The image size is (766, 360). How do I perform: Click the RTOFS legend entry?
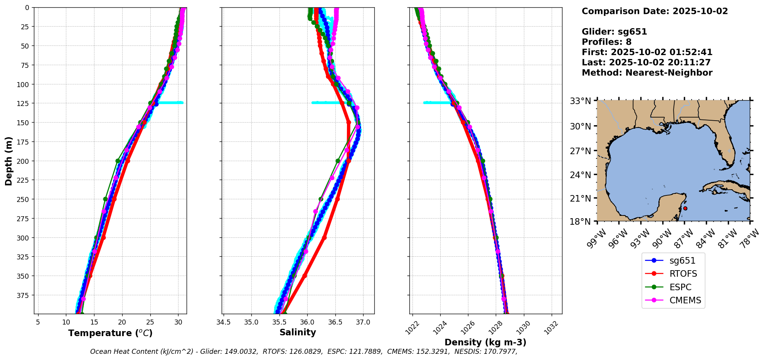click(683, 274)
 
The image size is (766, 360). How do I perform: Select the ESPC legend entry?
click(680, 287)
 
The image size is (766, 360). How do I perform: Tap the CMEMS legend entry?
click(685, 300)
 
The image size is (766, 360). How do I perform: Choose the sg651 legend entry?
click(682, 261)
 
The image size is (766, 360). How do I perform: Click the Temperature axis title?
click(110, 333)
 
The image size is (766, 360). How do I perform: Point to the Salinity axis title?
click(298, 332)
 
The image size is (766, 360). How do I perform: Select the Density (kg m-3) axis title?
click(485, 342)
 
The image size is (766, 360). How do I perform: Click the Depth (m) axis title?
click(8, 161)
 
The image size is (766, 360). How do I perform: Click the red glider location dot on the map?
click(685, 209)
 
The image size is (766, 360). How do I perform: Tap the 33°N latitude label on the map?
click(580, 101)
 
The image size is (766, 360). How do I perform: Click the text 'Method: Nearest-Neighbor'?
click(647, 73)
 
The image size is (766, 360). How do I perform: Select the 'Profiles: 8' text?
click(606, 42)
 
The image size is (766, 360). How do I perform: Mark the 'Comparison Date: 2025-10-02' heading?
click(655, 11)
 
